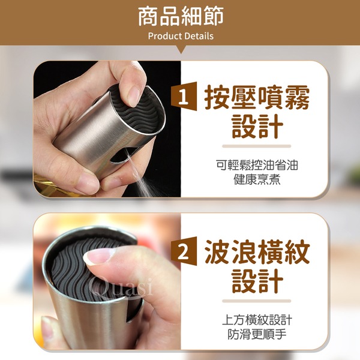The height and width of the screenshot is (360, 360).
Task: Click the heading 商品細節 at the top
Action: tap(181, 17)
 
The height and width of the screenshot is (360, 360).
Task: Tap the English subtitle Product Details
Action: tap(181, 36)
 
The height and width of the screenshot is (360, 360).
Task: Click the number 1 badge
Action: tap(184, 96)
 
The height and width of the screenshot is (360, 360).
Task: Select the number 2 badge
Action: tap(184, 251)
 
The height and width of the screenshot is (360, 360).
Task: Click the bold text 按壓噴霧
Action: tap(257, 97)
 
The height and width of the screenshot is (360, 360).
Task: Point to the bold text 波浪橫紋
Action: tap(257, 251)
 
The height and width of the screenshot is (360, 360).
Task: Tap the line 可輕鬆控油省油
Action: tap(257, 165)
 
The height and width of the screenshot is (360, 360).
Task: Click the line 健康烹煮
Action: tap(257, 179)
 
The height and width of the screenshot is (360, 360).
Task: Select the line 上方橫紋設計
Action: tap(257, 320)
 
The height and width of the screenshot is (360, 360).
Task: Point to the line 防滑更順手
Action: tap(257, 334)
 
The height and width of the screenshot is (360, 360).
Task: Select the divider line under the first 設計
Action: tap(256, 146)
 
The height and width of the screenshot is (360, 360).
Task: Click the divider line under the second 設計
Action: tap(256, 301)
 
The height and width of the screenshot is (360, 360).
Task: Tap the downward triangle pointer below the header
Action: tap(181, 49)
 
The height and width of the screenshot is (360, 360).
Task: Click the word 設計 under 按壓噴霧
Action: tap(257, 126)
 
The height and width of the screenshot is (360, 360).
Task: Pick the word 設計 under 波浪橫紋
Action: tap(257, 281)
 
